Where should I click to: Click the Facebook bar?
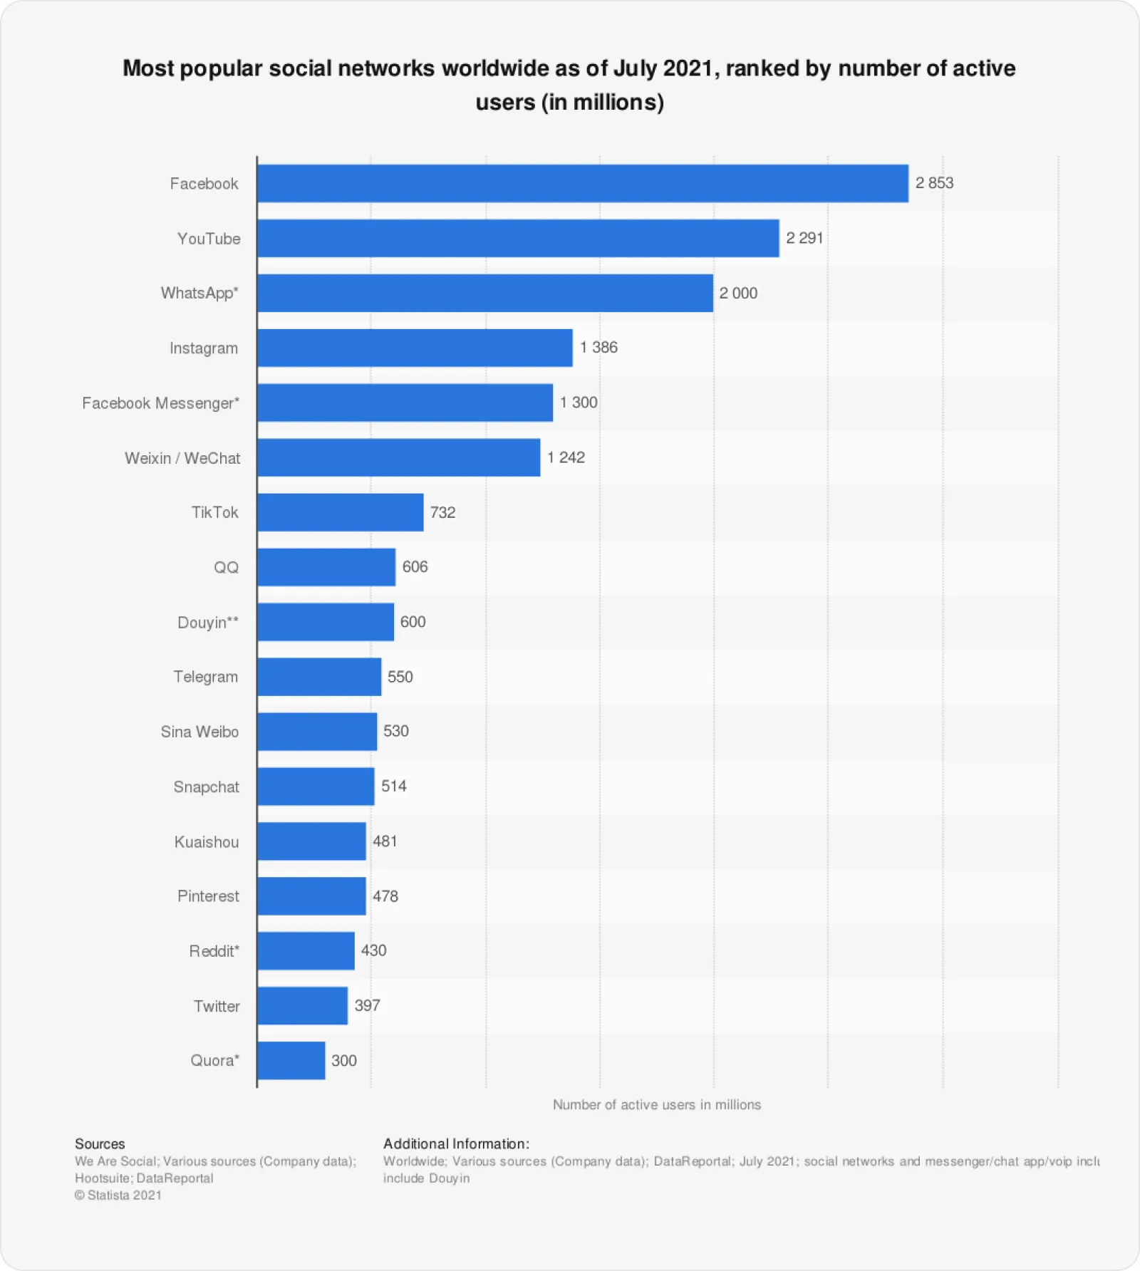click(583, 184)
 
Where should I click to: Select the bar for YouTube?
click(518, 238)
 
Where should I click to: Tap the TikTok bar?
click(341, 512)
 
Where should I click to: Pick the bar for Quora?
click(291, 1060)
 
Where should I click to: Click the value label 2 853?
click(934, 183)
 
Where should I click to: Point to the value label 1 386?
click(598, 348)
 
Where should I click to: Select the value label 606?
click(415, 567)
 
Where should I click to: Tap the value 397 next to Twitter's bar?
click(367, 1005)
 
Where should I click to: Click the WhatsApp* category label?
click(199, 293)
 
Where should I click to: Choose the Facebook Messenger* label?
click(160, 403)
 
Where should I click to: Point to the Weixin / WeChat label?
click(182, 458)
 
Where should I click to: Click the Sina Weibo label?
click(199, 732)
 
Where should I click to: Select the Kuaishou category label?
click(207, 841)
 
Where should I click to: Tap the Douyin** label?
click(208, 622)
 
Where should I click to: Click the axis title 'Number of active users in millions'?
click(656, 1104)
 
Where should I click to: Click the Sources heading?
click(100, 1143)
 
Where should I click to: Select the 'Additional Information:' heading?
click(456, 1143)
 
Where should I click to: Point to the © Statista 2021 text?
click(118, 1195)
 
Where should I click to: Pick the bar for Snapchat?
click(316, 787)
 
